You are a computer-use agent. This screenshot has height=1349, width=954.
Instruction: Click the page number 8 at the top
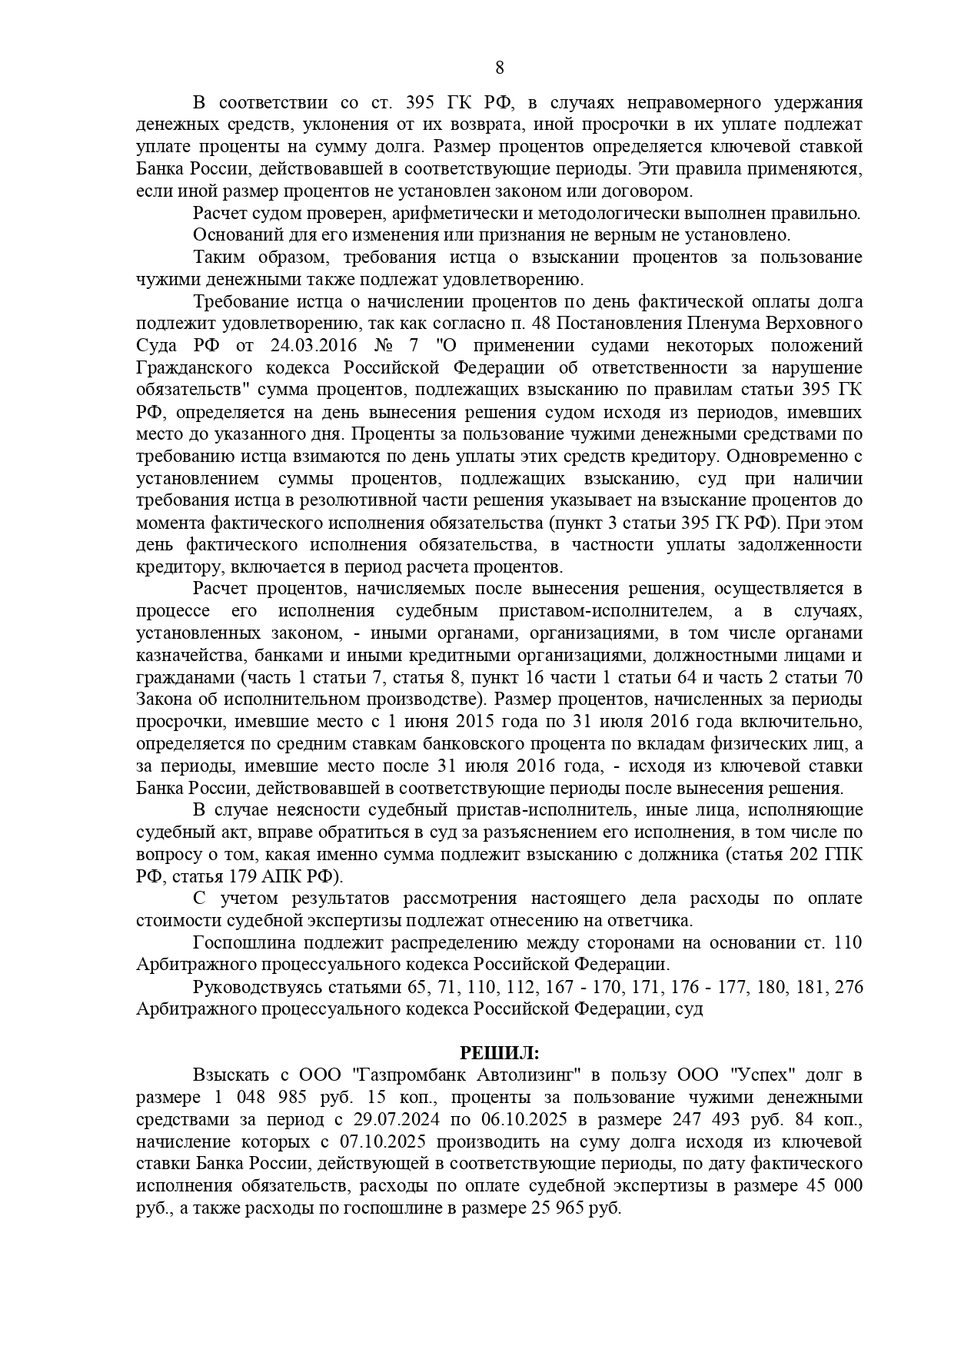(500, 68)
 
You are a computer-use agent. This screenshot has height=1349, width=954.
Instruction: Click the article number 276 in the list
(847, 987)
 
